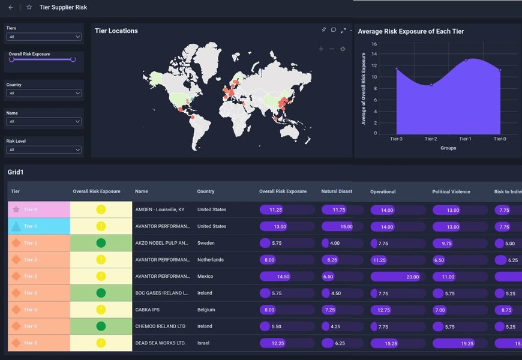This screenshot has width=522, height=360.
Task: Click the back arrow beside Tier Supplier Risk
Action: tap(10, 7)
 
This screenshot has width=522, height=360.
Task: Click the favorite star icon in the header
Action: tap(29, 7)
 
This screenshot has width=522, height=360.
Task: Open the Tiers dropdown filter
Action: tap(44, 37)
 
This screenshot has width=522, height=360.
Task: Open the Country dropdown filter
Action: tap(44, 93)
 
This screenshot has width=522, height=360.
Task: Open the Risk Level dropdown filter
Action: tap(44, 149)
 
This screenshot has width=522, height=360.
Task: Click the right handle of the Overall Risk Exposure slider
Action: tap(73, 59)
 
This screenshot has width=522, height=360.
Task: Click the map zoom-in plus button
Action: tap(321, 49)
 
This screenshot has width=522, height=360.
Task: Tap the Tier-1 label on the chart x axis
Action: tap(465, 139)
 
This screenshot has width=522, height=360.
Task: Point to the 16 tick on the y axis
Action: tap(374, 44)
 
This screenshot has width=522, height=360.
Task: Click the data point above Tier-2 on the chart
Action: tap(431, 85)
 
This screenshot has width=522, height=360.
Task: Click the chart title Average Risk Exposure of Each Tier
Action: tap(410, 31)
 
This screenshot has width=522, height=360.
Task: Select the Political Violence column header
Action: tap(451, 191)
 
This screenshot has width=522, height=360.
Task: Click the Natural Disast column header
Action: tap(337, 191)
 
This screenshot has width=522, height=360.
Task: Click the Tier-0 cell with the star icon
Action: tap(39, 210)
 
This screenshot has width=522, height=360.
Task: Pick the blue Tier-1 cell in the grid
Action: tap(39, 227)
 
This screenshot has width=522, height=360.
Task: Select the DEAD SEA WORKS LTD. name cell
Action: tap(160, 343)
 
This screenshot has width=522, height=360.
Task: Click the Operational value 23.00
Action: tap(412, 277)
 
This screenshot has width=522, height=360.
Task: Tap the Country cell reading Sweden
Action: tap(206, 243)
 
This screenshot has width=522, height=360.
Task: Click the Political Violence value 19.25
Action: tap(467, 343)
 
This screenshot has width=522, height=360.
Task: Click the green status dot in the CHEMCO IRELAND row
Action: tap(101, 326)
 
